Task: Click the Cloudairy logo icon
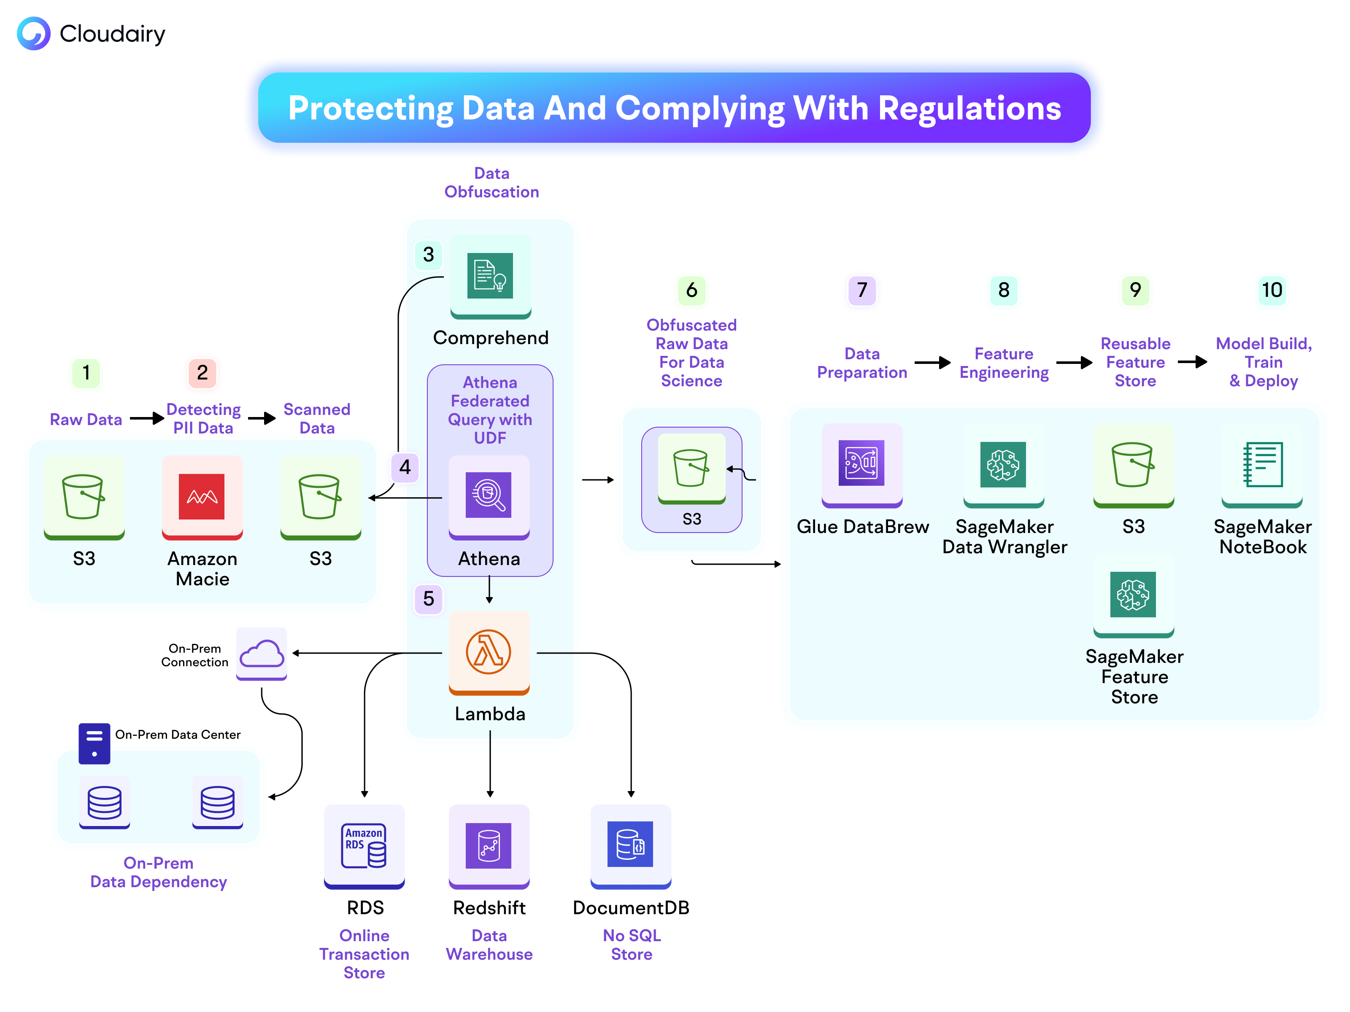(34, 34)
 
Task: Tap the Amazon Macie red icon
(201, 497)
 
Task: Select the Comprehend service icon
(490, 276)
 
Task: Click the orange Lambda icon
(488, 652)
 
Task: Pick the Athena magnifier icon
(488, 495)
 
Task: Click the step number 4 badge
(405, 467)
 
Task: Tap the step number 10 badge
(1272, 290)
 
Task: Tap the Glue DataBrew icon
(861, 463)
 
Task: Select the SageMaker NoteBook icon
(1262, 464)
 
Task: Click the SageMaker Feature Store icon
(1133, 594)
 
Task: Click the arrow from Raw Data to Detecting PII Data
(146, 418)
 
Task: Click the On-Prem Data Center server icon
(94, 743)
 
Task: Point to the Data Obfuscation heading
(491, 183)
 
